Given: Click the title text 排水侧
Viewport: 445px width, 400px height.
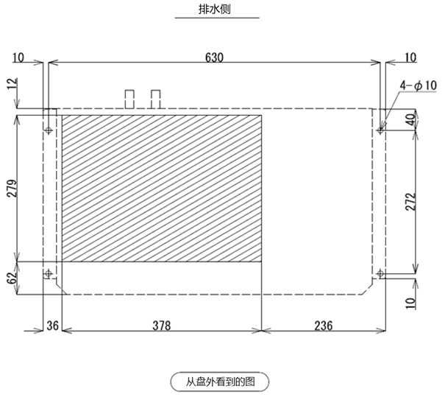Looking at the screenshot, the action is (214, 9).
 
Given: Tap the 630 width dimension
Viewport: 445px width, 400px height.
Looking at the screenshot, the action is (214, 57).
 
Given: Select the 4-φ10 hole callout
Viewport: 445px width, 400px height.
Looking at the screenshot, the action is (419, 85).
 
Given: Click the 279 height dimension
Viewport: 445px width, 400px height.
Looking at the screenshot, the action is (12, 188).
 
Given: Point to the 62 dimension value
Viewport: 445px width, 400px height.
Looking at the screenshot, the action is (12, 278).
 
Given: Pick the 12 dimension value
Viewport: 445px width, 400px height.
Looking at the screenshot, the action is (12, 83).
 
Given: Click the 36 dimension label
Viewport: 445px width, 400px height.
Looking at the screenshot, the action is (52, 326).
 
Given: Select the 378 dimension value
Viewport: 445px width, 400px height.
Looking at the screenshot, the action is (162, 326).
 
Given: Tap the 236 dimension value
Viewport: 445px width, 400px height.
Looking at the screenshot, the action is (323, 326).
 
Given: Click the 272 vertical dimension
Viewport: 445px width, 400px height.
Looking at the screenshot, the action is (410, 202).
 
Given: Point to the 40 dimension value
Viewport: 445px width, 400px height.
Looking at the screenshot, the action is (410, 119).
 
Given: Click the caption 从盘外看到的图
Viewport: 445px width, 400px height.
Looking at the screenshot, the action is (220, 382).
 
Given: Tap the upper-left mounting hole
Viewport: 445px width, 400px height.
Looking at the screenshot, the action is (49, 130).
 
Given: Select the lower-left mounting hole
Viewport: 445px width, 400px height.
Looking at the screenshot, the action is (49, 274).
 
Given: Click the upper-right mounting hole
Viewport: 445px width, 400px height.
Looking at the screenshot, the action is (380, 130).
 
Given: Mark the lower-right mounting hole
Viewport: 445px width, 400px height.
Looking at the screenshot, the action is (380, 274).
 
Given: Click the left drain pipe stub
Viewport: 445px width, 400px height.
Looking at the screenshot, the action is (129, 99).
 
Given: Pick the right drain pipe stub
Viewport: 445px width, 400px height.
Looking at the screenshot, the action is (155, 99).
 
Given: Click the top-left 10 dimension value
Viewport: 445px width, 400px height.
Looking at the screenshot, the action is (18, 57).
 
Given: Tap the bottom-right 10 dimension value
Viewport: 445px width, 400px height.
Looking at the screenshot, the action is (410, 303).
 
